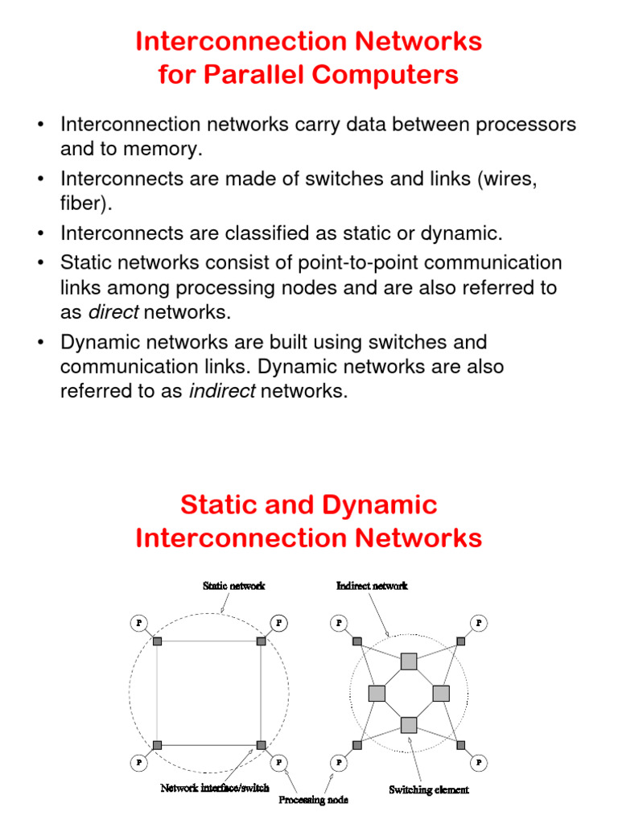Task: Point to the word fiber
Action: coord(83,204)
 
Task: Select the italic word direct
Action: coord(113,313)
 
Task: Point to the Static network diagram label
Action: coord(233,586)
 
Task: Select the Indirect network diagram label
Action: coord(372,586)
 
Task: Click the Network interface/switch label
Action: coord(215,789)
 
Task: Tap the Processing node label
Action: coord(314,801)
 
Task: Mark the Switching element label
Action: coord(428,789)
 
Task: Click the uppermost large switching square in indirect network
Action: coord(409,661)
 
